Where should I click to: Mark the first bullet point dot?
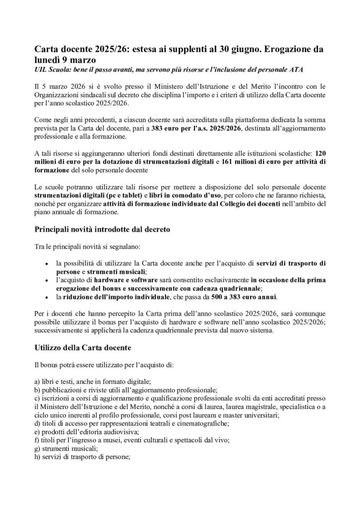pos(46,263)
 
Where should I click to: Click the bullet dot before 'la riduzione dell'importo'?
pos(46,297)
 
